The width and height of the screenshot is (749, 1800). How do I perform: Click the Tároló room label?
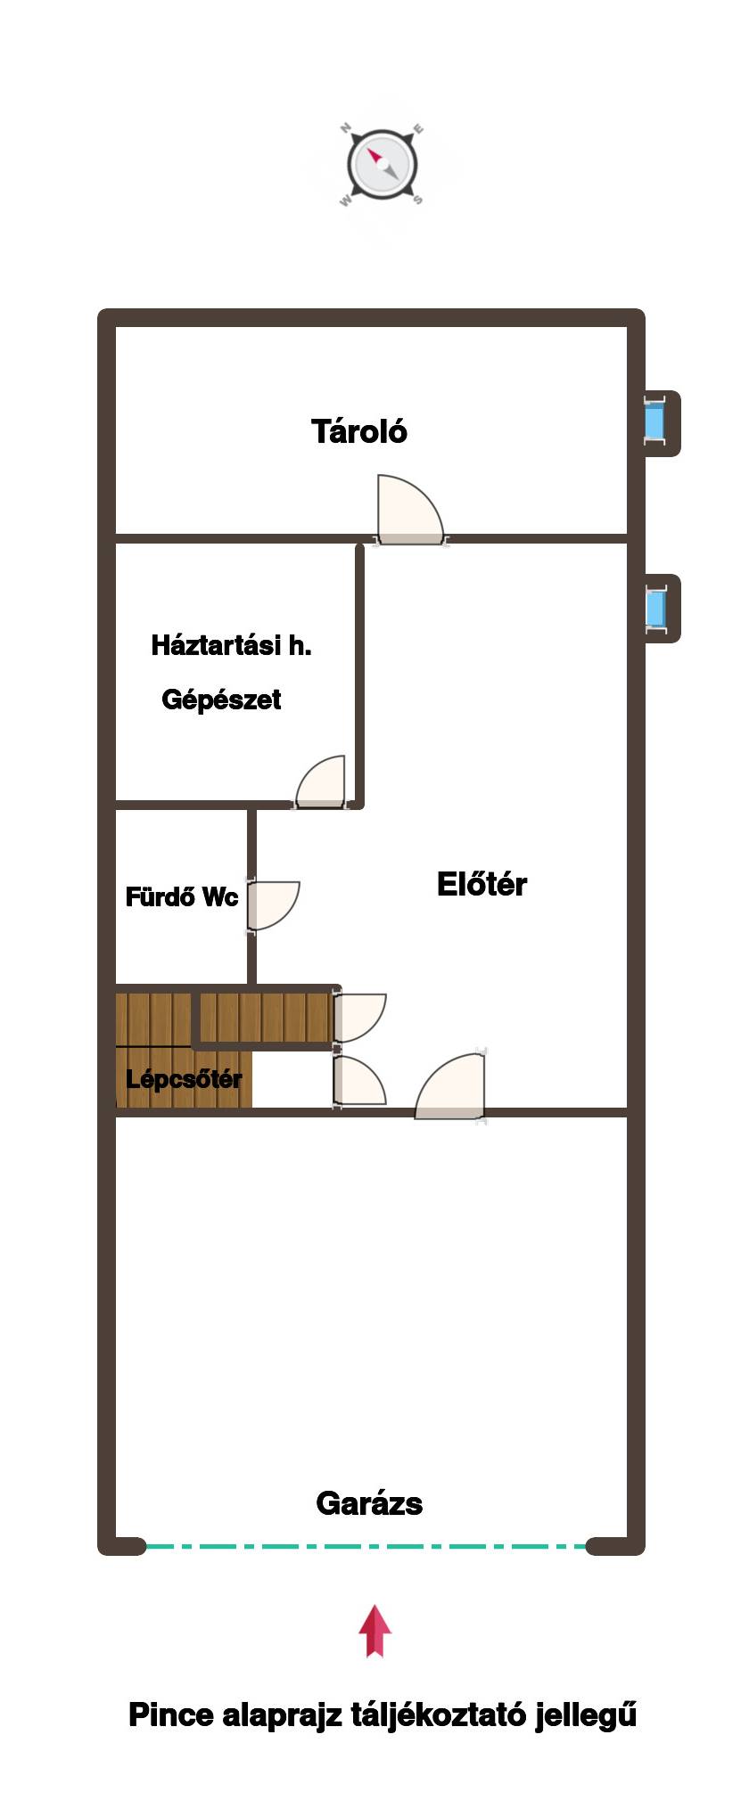point(359,431)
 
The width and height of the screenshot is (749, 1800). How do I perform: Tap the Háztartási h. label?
point(232,645)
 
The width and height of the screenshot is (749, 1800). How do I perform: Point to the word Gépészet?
point(221,700)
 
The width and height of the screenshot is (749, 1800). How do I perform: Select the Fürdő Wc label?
point(182,896)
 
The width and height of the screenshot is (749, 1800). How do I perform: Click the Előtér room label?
point(481,884)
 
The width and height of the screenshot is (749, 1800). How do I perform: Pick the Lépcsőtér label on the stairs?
point(184,1079)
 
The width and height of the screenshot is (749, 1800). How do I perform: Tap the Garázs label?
point(369,1503)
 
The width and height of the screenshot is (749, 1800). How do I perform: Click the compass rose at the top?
point(381,165)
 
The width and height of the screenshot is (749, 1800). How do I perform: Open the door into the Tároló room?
point(409,511)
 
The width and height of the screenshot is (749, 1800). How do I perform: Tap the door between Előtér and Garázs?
point(450,1086)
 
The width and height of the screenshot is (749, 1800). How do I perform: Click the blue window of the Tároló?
point(655,422)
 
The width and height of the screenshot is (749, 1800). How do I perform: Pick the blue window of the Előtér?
point(656,610)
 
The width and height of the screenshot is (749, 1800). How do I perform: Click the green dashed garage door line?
point(366,1546)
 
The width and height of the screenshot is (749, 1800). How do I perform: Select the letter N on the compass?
point(346,128)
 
